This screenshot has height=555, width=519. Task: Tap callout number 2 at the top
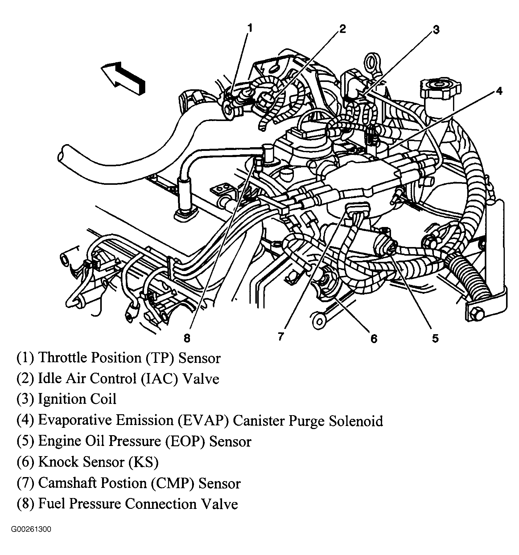pos(342,29)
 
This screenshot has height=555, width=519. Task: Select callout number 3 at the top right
pos(435,30)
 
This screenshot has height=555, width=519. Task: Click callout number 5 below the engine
pos(435,338)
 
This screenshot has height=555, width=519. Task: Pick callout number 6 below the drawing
pos(373,339)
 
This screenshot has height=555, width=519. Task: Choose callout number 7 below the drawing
pos(280,337)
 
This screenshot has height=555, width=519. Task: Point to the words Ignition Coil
pos(77,399)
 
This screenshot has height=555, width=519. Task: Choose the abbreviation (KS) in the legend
pos(143,462)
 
